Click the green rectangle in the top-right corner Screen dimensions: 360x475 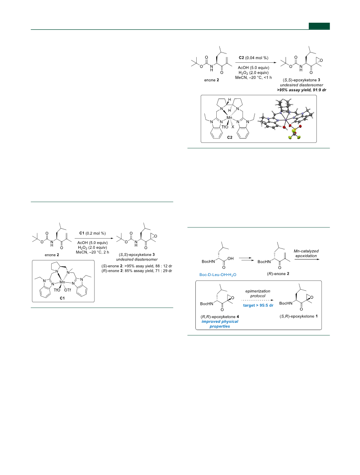pyautogui.click(x=319, y=26)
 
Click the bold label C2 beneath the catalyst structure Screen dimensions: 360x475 pyautogui.click(x=230, y=138)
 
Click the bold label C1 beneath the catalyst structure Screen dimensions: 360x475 pyautogui.click(x=62, y=298)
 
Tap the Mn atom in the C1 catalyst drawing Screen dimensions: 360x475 pyautogui.click(x=62, y=282)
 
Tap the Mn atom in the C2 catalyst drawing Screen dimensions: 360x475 pyautogui.click(x=230, y=118)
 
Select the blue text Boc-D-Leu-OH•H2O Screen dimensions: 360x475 pyautogui.click(x=218, y=275)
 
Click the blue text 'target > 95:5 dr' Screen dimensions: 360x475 pyautogui.click(x=258, y=305)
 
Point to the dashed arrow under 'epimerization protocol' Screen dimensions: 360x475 pyautogui.click(x=258, y=300)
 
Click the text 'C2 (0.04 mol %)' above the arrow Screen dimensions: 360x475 pyautogui.click(x=253, y=57)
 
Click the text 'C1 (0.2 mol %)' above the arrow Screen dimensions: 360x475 pyautogui.click(x=93, y=233)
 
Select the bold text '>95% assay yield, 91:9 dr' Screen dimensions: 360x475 pyautogui.click(x=302, y=90)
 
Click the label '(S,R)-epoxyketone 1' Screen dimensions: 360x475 pyautogui.click(x=299, y=316)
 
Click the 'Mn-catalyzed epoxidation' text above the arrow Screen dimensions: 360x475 pyautogui.click(x=306, y=253)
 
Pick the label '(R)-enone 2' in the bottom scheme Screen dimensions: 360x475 pyautogui.click(x=278, y=274)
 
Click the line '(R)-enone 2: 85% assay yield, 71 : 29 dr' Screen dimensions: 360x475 pyautogui.click(x=137, y=271)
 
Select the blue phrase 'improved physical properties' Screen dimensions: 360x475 pyautogui.click(x=220, y=324)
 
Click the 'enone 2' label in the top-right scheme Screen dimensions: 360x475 pyautogui.click(x=211, y=80)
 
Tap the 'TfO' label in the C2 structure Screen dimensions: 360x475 pyautogui.click(x=225, y=127)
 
